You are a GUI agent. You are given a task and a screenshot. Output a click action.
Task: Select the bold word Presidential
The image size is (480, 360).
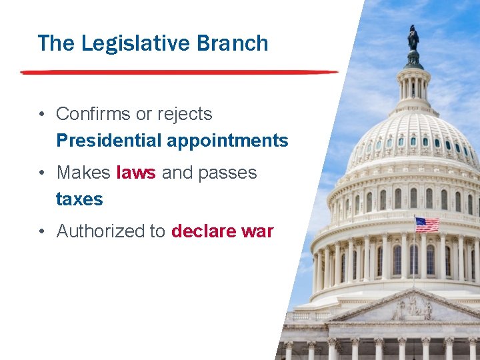tap(109, 141)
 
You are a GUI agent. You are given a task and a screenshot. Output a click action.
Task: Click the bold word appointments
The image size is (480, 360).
tap(227, 141)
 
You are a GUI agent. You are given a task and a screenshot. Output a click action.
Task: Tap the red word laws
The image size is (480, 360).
tap(136, 173)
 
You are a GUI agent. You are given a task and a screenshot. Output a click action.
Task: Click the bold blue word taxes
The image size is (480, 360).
tap(79, 199)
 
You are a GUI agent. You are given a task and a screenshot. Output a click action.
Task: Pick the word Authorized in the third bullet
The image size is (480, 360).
tap(100, 231)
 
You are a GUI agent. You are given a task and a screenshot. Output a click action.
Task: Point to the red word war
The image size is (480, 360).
tap(257, 231)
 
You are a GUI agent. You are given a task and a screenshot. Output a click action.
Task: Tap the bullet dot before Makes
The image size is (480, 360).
tap(42, 173)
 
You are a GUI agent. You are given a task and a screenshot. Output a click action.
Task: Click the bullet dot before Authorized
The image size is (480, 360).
tap(42, 232)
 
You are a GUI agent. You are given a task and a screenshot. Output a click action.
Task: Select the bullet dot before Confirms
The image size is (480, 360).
tap(42, 115)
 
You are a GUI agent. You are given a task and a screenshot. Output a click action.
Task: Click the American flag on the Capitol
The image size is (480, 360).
tap(427, 224)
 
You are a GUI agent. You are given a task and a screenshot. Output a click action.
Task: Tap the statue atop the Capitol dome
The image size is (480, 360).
tap(413, 39)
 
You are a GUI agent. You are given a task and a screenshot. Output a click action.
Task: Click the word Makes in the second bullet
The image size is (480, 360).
tap(83, 173)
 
